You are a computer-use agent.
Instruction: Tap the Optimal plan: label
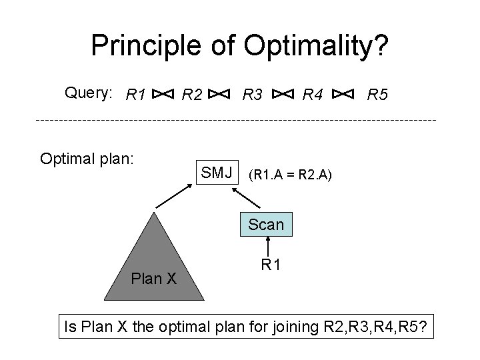click(x=87, y=159)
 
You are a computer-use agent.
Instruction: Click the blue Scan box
click(x=266, y=225)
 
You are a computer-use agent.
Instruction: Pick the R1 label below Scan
click(x=270, y=265)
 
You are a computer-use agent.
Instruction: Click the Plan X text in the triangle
click(x=154, y=278)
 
